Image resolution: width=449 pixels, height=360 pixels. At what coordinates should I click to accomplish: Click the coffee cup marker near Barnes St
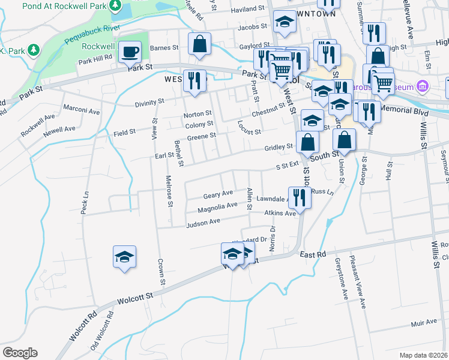[x=130, y=52]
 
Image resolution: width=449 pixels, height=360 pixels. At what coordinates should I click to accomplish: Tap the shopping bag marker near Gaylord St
[x=199, y=43]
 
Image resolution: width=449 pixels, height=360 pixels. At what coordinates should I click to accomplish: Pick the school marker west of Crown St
[x=125, y=257]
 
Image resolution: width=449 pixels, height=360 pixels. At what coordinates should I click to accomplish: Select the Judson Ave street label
[x=203, y=223]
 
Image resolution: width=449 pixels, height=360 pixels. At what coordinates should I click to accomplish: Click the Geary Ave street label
[x=218, y=195]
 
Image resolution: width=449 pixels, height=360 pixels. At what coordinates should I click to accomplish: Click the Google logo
[x=20, y=353]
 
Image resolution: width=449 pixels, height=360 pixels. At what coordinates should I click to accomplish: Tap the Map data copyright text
[x=423, y=355]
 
